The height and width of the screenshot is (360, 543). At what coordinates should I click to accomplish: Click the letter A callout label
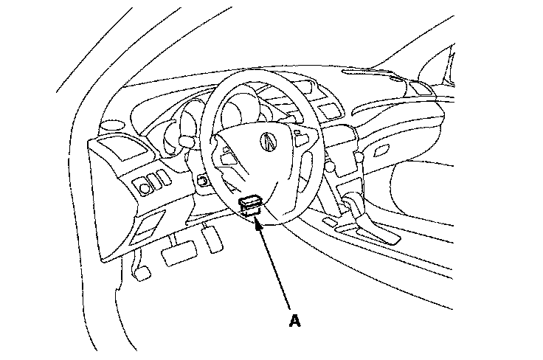[295, 321]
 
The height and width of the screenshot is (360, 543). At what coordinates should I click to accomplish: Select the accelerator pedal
[213, 238]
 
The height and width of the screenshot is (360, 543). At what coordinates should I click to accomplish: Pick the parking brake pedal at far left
[141, 272]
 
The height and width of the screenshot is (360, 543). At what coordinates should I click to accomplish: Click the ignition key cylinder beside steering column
[201, 179]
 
